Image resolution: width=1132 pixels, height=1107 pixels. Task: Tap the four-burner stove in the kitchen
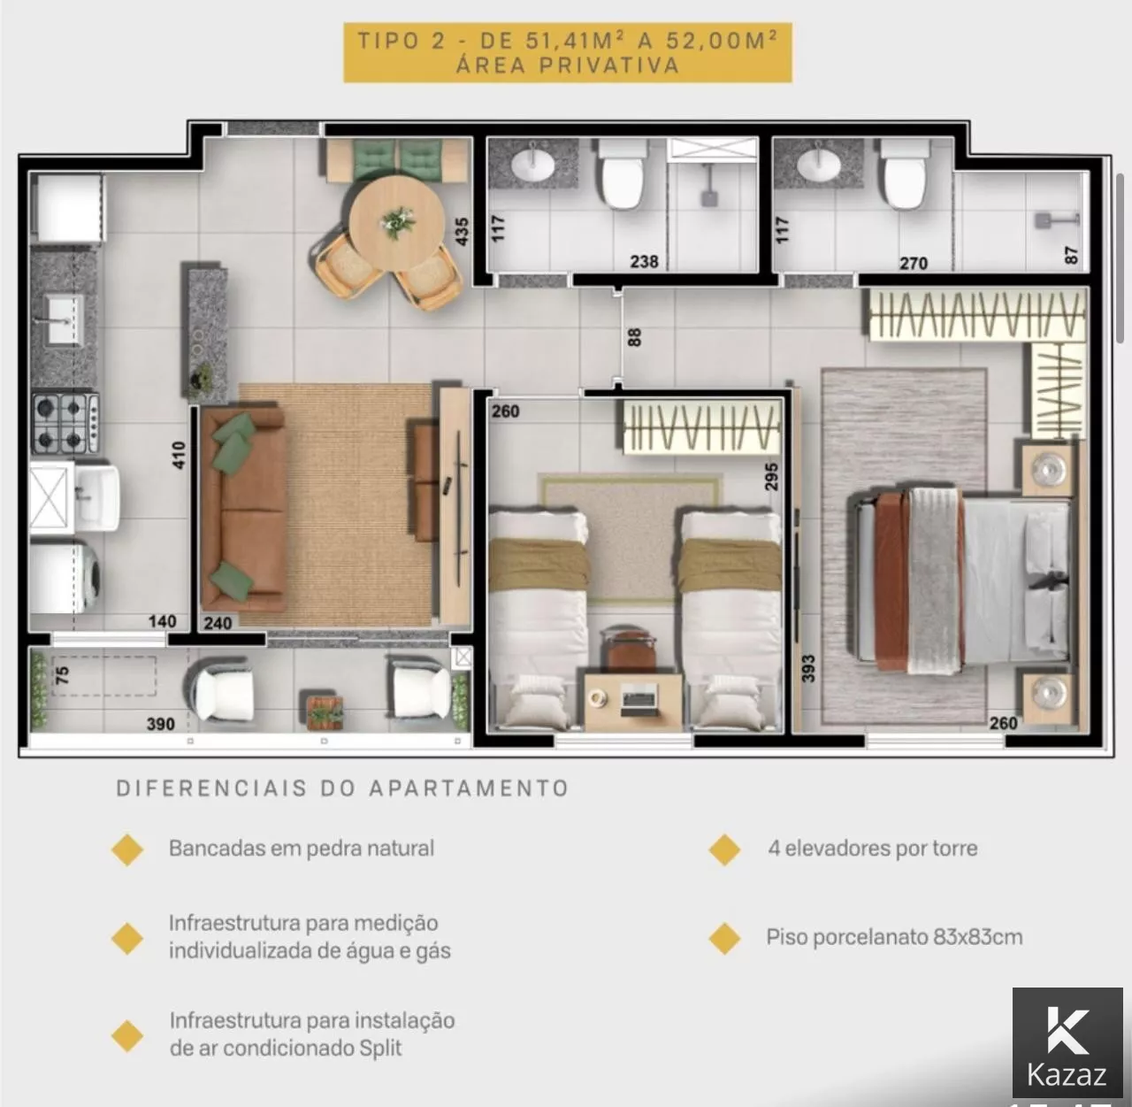[65, 423]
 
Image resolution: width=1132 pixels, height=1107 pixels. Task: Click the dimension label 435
[462, 231]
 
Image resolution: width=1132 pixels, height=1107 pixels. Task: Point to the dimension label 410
[179, 455]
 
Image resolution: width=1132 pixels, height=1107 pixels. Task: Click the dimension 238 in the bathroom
[644, 262]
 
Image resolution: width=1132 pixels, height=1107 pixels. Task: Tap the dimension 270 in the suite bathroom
[914, 264]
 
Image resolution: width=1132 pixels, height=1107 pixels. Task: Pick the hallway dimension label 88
[634, 337]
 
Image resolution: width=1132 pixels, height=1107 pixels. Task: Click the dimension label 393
[808, 668]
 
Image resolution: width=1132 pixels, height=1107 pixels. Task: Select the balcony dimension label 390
[161, 724]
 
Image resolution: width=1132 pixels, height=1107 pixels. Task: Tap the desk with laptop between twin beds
[633, 701]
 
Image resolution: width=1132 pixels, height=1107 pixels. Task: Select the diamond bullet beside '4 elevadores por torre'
[724, 849]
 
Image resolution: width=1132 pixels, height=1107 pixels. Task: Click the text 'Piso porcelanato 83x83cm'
[894, 937]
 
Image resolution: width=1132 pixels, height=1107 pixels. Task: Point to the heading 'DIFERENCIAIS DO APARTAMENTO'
[342, 788]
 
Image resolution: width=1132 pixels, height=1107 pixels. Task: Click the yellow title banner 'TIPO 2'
[568, 52]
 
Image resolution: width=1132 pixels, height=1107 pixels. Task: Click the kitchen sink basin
[65, 319]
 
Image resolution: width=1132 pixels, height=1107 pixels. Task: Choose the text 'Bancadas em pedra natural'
[302, 848]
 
